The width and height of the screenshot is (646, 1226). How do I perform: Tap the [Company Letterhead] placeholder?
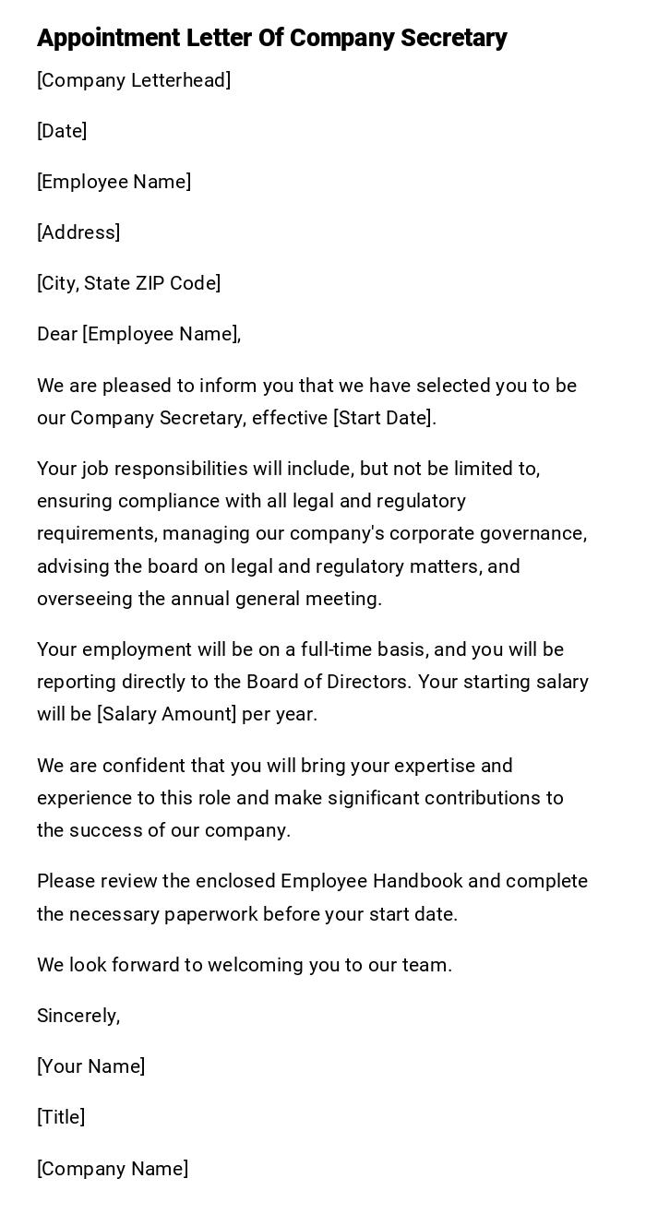click(134, 80)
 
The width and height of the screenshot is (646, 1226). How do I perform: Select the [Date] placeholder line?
click(62, 131)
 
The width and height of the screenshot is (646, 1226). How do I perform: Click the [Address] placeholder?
click(78, 232)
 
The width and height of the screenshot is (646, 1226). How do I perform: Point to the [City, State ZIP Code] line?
click(128, 283)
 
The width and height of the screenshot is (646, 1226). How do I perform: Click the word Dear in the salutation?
click(57, 334)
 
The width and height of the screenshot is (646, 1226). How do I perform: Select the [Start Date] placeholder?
click(384, 418)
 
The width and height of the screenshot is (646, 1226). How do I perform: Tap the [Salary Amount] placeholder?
click(167, 714)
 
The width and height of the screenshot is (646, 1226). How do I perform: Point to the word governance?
click(540, 533)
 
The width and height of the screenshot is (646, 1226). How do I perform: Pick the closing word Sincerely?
click(78, 1016)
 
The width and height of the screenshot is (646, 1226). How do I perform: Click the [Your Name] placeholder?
click(91, 1066)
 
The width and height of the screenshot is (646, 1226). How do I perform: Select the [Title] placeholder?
click(61, 1117)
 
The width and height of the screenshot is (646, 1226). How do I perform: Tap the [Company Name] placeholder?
click(113, 1169)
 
